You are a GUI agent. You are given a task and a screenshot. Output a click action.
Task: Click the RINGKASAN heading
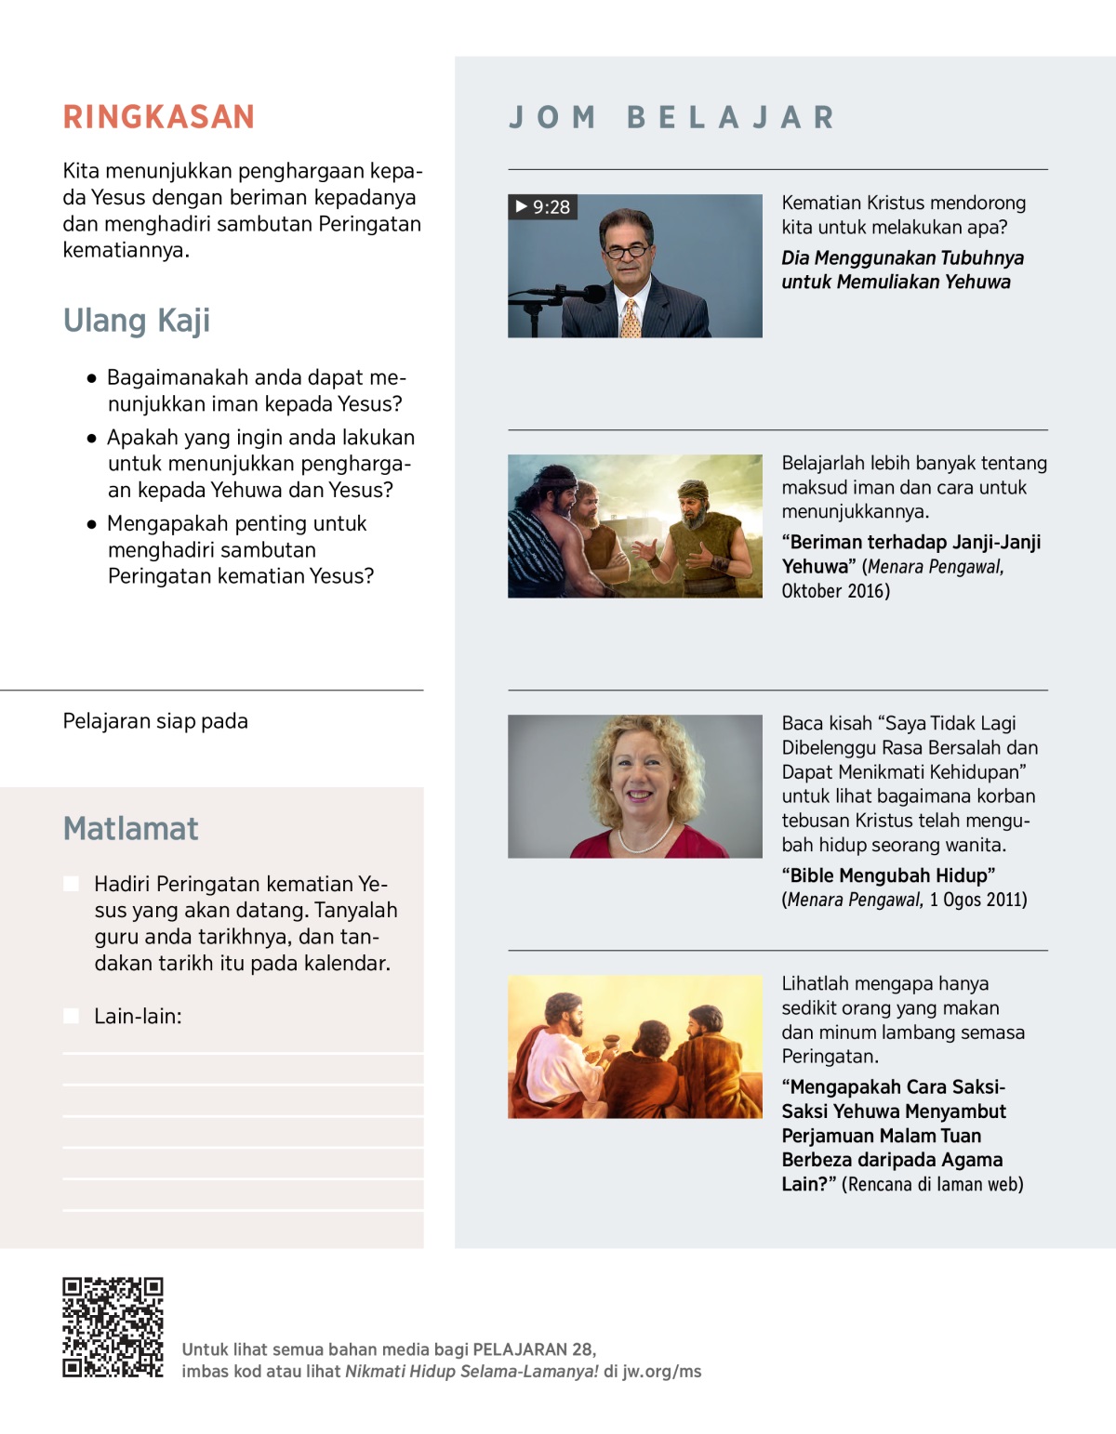[x=158, y=117]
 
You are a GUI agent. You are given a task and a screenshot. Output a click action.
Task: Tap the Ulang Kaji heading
[x=137, y=321]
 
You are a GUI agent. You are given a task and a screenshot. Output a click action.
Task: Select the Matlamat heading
[x=130, y=829]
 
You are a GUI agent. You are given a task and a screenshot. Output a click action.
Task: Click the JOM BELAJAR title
[x=671, y=118]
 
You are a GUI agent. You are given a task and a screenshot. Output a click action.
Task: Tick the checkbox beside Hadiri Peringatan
[x=71, y=884]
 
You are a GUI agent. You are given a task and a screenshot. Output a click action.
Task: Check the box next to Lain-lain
[x=71, y=1016]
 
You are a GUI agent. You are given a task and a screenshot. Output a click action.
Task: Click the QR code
[x=113, y=1326]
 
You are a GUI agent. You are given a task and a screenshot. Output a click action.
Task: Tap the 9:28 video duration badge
[x=543, y=207]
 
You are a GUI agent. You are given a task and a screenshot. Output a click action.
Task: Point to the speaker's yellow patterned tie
[x=631, y=319]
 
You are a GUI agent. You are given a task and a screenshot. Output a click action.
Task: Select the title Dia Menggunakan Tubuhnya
[x=902, y=270]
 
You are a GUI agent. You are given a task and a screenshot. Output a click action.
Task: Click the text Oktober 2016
[x=835, y=591]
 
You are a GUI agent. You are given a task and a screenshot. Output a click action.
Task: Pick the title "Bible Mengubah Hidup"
[x=888, y=875]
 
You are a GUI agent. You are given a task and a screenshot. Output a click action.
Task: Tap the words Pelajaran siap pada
[x=155, y=721]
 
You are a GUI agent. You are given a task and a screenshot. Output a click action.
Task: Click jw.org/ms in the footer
[x=661, y=1372]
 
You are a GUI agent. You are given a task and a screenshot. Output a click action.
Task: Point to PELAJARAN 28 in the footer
[x=533, y=1349]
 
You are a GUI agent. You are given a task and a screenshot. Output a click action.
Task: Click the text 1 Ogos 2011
[x=978, y=900]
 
